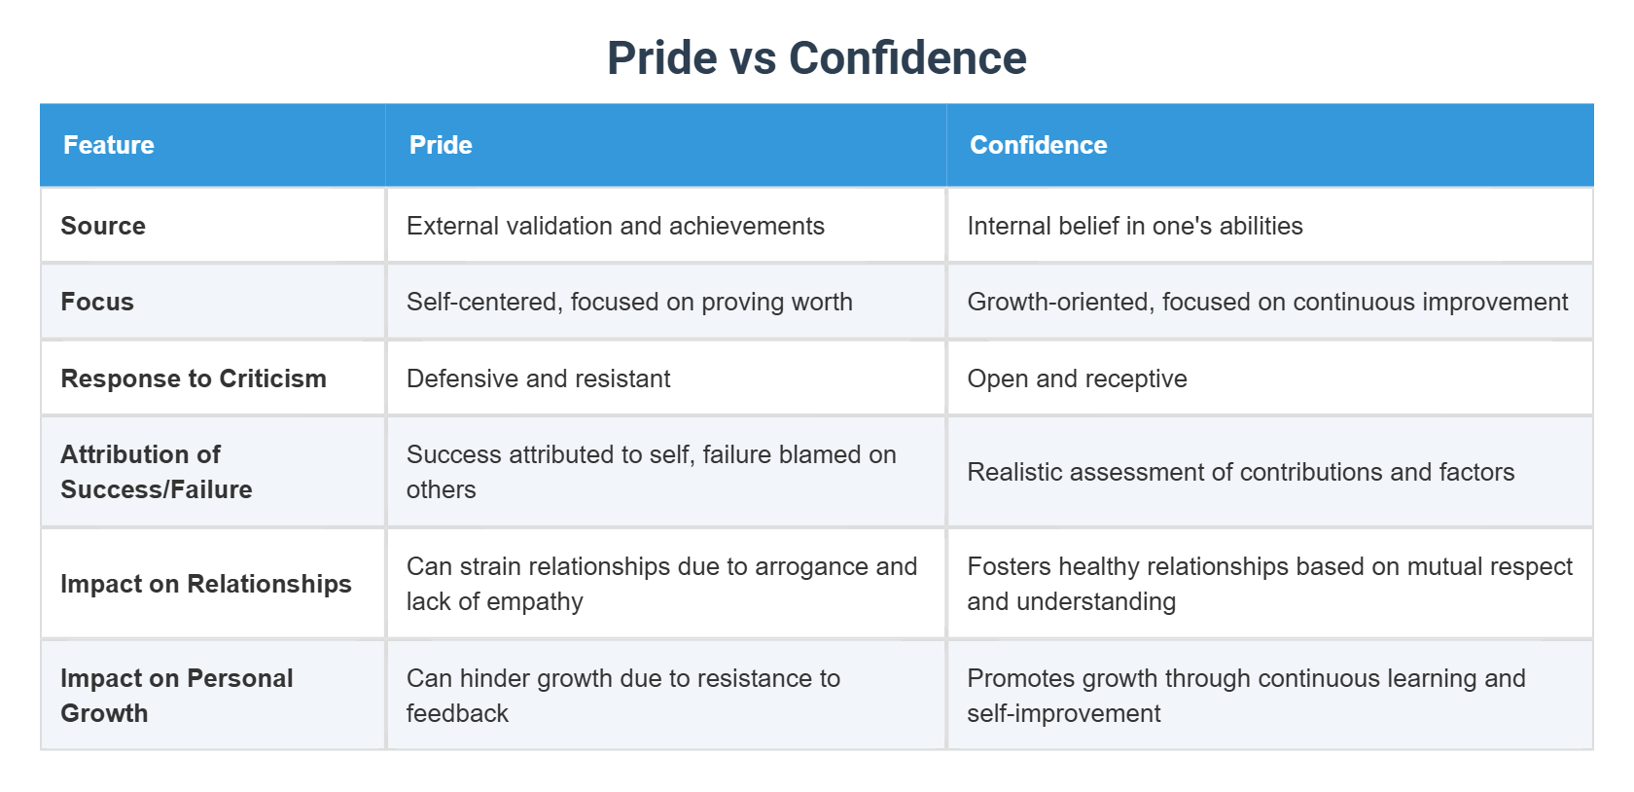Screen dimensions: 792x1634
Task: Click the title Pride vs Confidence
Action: [x=816, y=58]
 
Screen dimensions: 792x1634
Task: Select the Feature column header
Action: [x=109, y=145]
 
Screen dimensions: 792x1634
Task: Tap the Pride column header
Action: [x=441, y=145]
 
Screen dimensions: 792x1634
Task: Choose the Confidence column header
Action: [x=1038, y=145]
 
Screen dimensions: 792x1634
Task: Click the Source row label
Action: [x=103, y=226]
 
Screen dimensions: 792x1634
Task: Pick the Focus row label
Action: [x=97, y=302]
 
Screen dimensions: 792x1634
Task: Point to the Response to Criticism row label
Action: [x=194, y=378]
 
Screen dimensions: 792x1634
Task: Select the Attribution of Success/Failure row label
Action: [x=156, y=472]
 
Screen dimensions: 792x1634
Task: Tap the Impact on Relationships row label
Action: [x=206, y=584]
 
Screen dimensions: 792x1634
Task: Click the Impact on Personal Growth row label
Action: [x=176, y=696]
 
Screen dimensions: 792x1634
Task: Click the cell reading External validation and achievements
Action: [x=616, y=226]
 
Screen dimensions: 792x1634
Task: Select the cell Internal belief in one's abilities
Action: [x=1134, y=226]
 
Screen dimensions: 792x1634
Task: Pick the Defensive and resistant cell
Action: [x=539, y=378]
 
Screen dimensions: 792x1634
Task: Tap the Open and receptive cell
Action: [x=1077, y=378]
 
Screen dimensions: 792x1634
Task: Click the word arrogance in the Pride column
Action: [x=811, y=566]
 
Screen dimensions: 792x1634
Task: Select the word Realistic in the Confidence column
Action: [x=1016, y=472]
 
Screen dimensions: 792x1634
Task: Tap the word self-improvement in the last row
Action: [x=1063, y=713]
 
